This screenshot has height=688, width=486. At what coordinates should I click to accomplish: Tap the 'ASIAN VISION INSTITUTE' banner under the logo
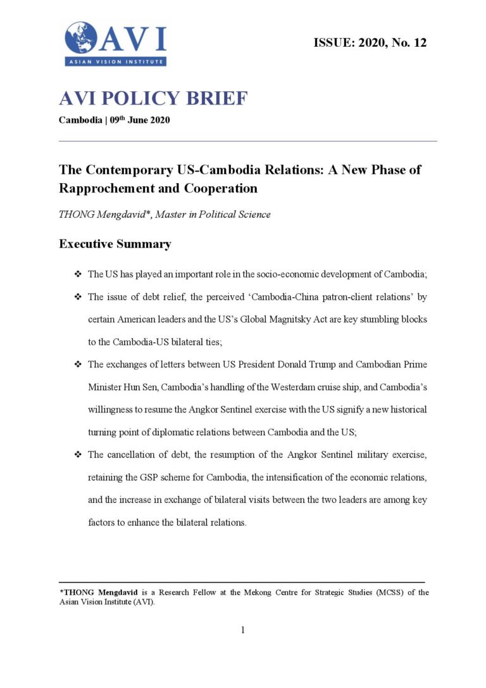[115, 61]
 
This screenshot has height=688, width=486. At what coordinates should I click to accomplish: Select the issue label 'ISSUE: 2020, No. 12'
[370, 43]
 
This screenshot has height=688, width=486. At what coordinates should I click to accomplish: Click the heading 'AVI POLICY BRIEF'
[153, 99]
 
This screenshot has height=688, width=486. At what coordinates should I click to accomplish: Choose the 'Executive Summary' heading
[115, 244]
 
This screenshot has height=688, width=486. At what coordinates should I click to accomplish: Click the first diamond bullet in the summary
[78, 274]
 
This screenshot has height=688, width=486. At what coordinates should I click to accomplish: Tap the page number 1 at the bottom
[243, 630]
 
